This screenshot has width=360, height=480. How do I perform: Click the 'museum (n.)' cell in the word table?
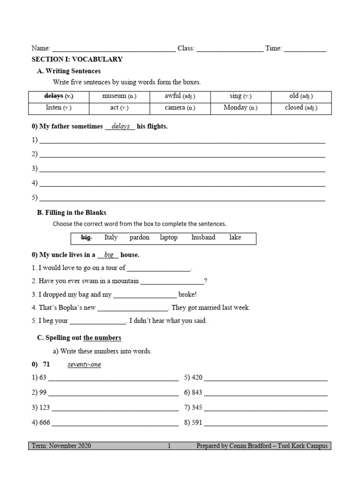tap(119, 96)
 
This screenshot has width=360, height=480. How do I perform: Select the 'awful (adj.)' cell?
tap(180, 96)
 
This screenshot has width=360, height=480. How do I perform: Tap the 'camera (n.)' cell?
tap(180, 108)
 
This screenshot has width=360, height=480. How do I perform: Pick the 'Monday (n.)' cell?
tap(240, 108)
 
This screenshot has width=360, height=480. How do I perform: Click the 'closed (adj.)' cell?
tap(301, 108)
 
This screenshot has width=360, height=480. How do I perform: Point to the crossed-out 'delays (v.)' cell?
tap(59, 96)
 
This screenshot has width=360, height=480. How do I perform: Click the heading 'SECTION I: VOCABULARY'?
tap(77, 60)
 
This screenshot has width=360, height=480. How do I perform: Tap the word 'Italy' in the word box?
tap(111, 238)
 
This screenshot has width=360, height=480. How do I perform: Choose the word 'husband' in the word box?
tap(203, 238)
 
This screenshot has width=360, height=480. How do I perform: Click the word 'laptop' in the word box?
tap(169, 238)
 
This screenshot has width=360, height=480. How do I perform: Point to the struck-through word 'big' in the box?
tap(86, 238)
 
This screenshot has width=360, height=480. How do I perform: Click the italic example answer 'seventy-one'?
tap(84, 365)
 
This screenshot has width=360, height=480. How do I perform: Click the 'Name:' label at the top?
tap(40, 48)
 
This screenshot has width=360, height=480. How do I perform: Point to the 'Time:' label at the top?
tap(274, 48)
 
